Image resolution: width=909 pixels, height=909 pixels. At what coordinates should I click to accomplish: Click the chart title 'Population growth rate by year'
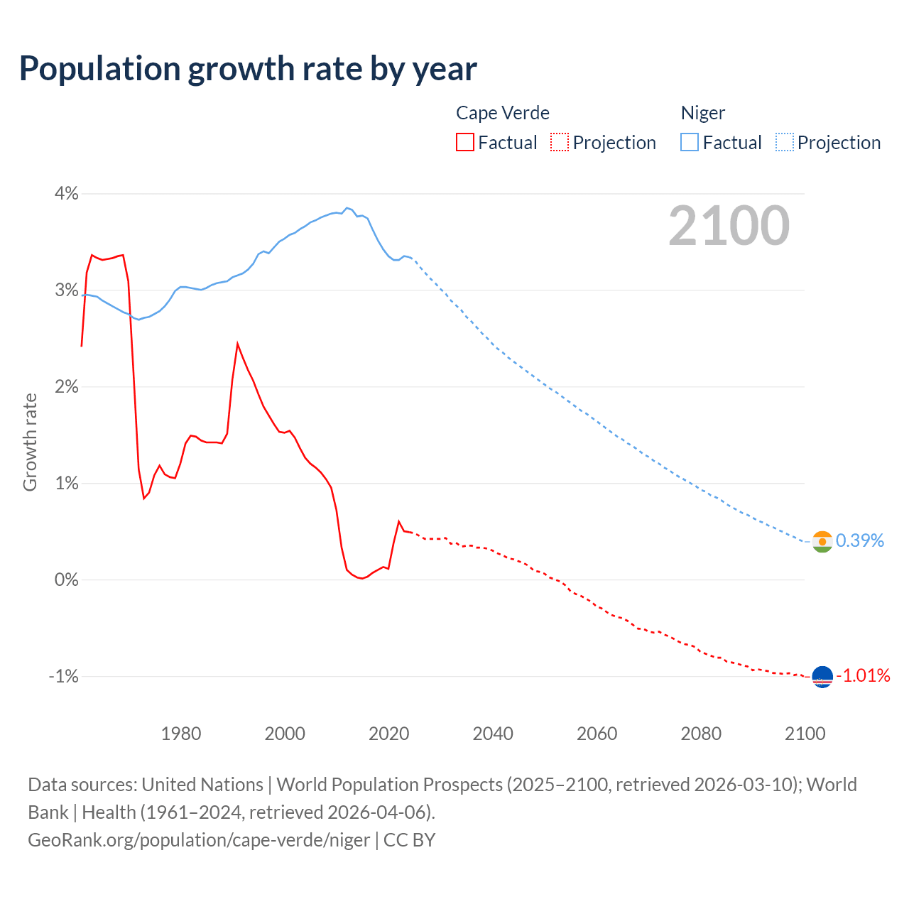[248, 69]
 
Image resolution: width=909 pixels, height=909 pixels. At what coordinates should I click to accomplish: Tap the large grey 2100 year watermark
[729, 226]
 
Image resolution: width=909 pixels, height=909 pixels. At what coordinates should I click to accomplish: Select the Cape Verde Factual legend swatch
[465, 143]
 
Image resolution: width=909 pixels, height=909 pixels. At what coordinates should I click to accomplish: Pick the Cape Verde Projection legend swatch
[560, 143]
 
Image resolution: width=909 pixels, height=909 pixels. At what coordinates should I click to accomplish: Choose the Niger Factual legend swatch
[690, 143]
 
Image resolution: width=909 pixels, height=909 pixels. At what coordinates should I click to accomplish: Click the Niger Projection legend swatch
[785, 143]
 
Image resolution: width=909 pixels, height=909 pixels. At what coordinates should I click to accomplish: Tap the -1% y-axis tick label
[63, 676]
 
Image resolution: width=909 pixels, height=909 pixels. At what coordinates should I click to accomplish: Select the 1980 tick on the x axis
[181, 734]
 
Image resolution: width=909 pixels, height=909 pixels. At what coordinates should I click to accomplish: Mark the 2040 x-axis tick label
[493, 734]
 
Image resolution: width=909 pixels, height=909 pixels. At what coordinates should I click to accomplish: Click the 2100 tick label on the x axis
[805, 734]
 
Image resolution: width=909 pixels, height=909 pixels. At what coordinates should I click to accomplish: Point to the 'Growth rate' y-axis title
[30, 442]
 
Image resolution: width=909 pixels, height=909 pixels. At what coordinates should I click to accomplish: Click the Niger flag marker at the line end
[822, 542]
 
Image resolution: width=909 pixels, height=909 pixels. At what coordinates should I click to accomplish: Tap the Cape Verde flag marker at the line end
[822, 677]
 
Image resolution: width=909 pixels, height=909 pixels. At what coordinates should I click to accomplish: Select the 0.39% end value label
[860, 541]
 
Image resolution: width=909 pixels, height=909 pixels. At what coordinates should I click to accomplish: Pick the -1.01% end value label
[863, 675]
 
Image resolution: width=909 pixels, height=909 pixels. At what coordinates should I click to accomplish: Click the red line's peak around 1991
[237, 344]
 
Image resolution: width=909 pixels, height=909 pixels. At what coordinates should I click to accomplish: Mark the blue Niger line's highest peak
[347, 208]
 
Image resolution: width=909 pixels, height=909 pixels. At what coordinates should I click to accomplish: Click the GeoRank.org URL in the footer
[199, 840]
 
